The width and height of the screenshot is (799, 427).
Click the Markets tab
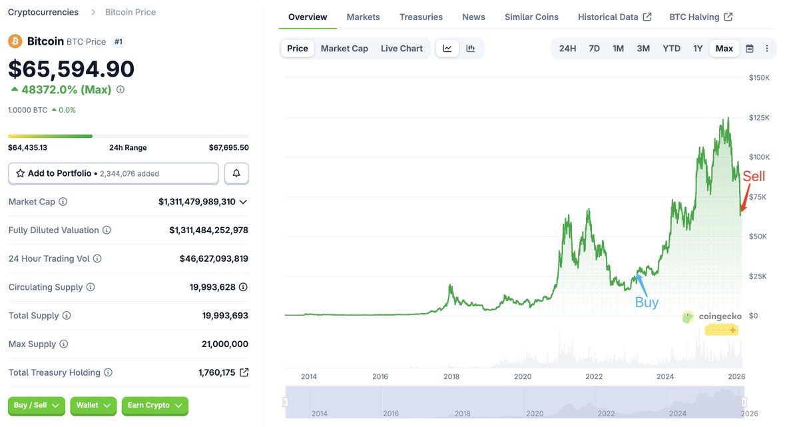pos(363,17)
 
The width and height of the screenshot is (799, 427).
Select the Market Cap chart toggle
pos(344,49)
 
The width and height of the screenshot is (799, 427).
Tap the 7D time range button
pos(594,49)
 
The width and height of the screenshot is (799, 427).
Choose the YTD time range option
pos(671,49)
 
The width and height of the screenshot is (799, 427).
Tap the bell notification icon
pos(236,173)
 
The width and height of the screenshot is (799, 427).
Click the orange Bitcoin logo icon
pos(15,41)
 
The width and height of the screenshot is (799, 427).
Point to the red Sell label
pos(754,177)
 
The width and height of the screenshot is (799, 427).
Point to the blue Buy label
pos(647,302)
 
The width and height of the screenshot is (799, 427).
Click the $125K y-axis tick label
pos(760,118)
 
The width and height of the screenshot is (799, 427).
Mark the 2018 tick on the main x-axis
pos(451,376)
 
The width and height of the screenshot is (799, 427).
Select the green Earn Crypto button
pos(154,405)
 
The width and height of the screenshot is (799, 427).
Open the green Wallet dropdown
pos(93,405)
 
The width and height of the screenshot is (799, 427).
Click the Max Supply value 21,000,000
pos(224,344)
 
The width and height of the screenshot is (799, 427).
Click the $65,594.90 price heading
pos(71,69)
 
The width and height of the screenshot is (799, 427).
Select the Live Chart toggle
pos(401,49)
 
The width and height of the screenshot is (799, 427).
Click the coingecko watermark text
pos(720,316)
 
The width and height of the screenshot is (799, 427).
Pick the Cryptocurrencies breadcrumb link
pos(43,12)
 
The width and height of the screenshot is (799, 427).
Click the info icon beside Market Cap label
pos(63,202)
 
